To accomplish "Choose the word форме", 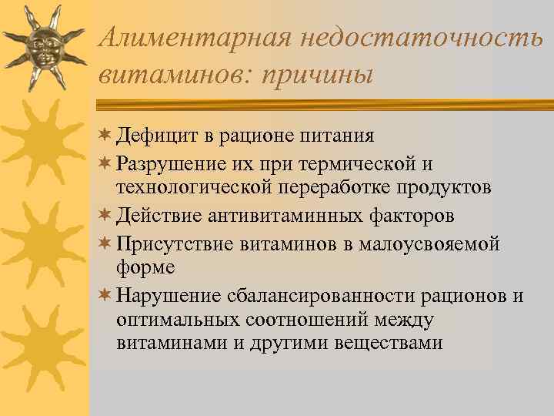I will pyautogui.click(x=145, y=267).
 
